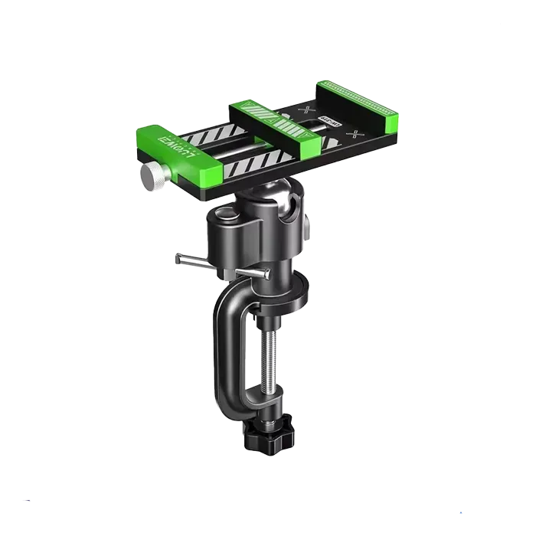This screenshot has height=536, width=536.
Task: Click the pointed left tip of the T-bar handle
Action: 176,259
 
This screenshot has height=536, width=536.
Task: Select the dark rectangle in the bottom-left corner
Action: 28,499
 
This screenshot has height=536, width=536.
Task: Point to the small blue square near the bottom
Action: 462,511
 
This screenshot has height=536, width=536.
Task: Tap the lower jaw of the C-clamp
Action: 260,413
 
